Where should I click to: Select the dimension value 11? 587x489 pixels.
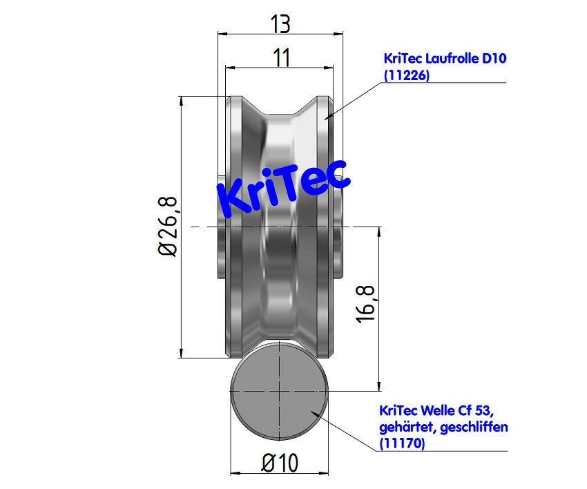(281, 58)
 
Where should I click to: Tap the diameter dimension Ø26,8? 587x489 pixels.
(169, 227)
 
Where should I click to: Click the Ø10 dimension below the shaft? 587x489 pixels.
(280, 463)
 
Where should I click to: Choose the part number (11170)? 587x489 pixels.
(403, 444)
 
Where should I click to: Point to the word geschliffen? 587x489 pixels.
(476, 428)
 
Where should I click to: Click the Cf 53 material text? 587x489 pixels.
(477, 412)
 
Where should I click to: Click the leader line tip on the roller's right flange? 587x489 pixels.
(329, 119)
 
